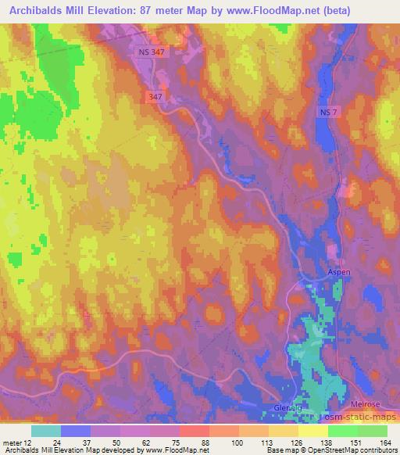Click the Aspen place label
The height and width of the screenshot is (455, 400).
[x=339, y=271]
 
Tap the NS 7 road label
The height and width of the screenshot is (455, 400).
[x=330, y=114]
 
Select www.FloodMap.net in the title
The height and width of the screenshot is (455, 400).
[x=263, y=10]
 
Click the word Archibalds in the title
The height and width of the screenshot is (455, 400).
[x=37, y=10]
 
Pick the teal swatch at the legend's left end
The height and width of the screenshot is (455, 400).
[x=46, y=431]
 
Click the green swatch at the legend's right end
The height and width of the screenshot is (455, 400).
[x=373, y=431]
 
